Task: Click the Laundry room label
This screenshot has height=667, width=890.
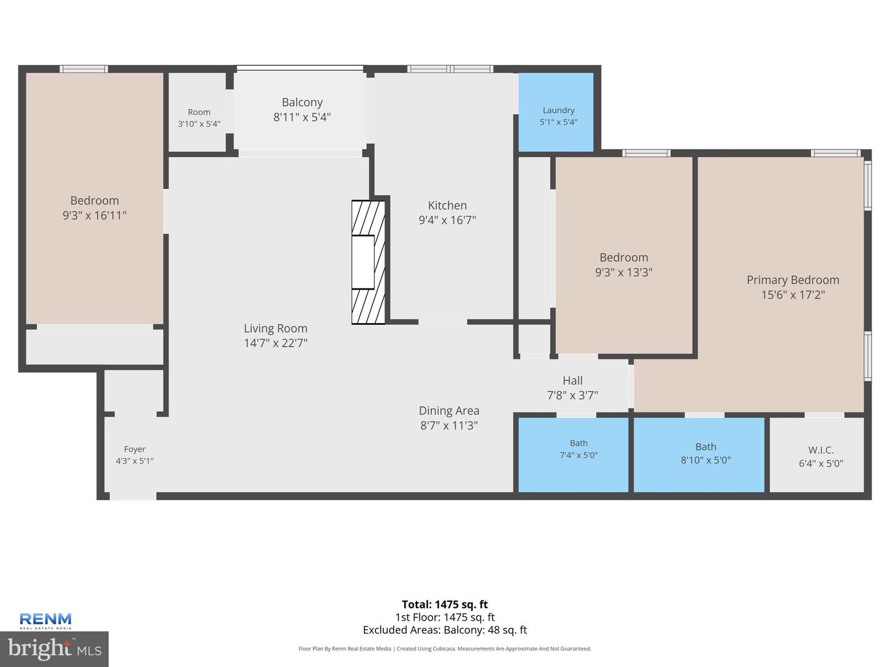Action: click(558, 110)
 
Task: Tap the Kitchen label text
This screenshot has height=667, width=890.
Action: click(447, 205)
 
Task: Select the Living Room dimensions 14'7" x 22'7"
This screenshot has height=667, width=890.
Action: click(276, 343)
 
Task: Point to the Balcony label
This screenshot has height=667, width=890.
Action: click(302, 103)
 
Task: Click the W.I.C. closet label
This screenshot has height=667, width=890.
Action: click(821, 450)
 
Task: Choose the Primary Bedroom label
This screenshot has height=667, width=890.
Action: click(793, 280)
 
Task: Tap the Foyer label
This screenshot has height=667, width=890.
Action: click(135, 449)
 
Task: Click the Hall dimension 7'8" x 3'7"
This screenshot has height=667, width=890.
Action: click(572, 395)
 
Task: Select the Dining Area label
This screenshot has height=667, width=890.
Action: click(449, 411)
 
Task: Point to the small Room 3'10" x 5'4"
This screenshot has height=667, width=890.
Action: click(199, 117)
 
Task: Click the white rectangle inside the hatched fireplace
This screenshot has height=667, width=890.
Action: click(363, 262)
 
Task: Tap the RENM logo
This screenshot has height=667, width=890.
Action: click(45, 621)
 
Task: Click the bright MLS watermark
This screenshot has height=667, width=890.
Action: click(54, 648)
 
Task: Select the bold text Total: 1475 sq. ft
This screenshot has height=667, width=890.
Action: click(445, 605)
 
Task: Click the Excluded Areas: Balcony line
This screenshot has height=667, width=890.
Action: click(445, 630)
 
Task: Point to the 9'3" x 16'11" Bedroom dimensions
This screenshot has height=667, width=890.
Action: click(95, 216)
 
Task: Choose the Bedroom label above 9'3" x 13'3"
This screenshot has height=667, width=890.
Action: click(624, 258)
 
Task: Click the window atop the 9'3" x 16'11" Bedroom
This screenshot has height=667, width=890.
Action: click(84, 69)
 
